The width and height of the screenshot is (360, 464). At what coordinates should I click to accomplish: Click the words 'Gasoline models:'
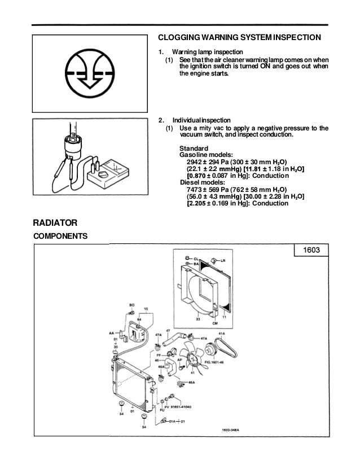pos(204,154)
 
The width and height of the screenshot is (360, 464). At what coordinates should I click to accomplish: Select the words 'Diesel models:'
pos(201,182)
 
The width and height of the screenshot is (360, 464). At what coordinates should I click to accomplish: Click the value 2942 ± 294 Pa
pos(210,161)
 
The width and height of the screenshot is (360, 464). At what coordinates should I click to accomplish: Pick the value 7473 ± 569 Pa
pos(210,190)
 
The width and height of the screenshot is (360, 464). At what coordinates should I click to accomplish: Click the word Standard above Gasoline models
pos(194,147)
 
